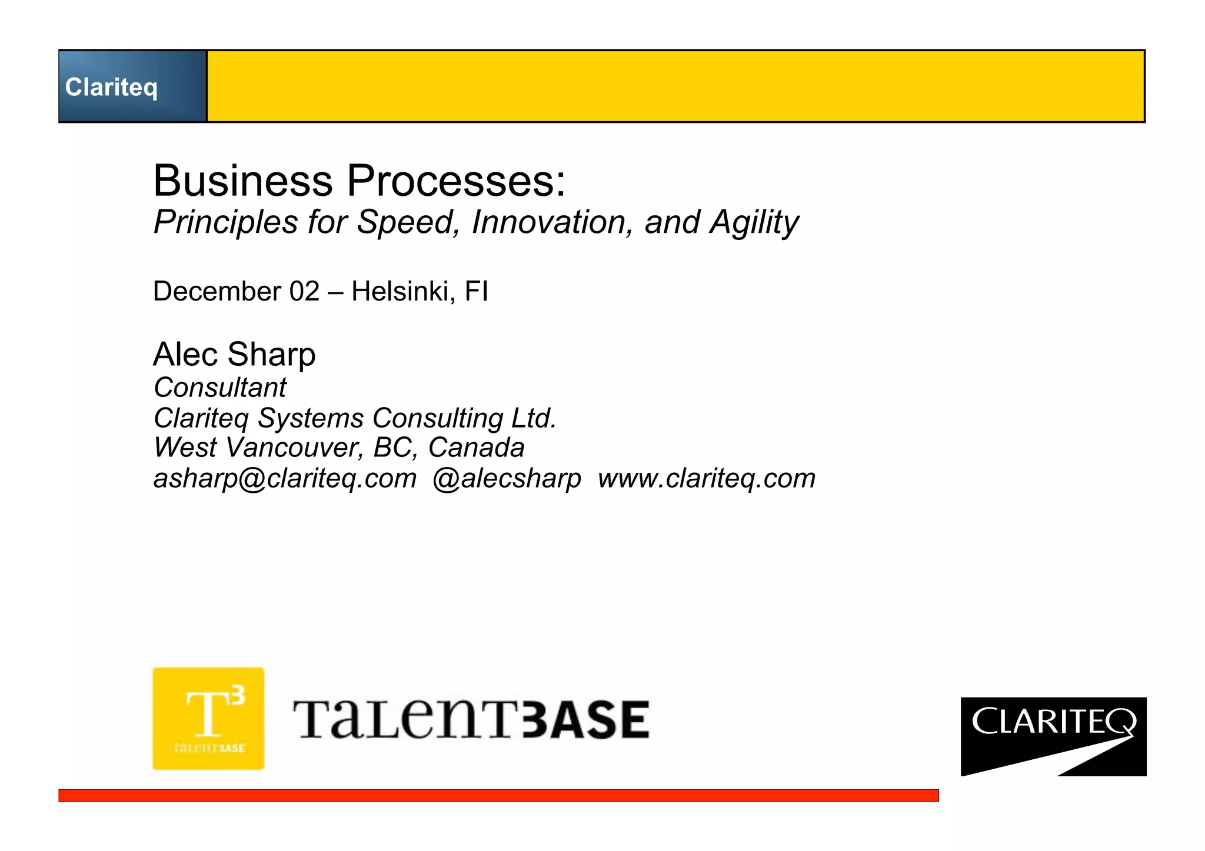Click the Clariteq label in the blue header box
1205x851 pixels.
pyautogui.click(x=111, y=87)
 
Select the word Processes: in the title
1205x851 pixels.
pyautogui.click(x=456, y=181)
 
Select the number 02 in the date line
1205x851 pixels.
pyautogui.click(x=304, y=292)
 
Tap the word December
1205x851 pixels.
pyautogui.click(x=217, y=292)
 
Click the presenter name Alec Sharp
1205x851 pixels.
pyautogui.click(x=234, y=355)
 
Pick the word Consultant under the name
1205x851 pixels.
pyautogui.click(x=220, y=388)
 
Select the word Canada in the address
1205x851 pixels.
pyautogui.click(x=476, y=448)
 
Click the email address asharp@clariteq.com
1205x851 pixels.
pyautogui.click(x=285, y=479)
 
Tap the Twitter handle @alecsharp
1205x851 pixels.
pyautogui.click(x=507, y=479)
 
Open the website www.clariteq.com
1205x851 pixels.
pyautogui.click(x=707, y=479)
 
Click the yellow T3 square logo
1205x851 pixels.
pyautogui.click(x=208, y=718)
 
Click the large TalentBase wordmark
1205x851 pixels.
pyautogui.click(x=471, y=719)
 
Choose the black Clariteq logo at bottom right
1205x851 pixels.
pyautogui.click(x=1053, y=736)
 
